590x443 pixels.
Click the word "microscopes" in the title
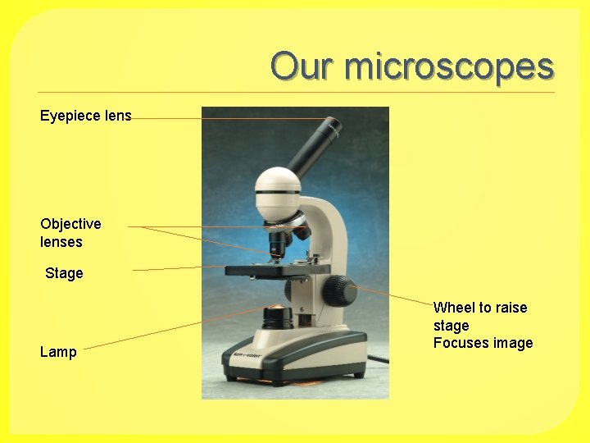(x=449, y=67)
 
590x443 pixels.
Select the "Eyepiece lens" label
(x=86, y=116)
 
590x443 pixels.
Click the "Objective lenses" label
(x=70, y=233)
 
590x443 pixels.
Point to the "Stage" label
(x=64, y=273)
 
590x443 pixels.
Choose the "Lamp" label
(x=58, y=352)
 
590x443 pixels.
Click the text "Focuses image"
(x=483, y=343)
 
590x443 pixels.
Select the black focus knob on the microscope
(x=338, y=290)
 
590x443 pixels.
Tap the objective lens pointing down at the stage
(x=278, y=244)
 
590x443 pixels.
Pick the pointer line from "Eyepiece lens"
(x=229, y=119)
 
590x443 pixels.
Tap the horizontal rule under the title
(x=295, y=92)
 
